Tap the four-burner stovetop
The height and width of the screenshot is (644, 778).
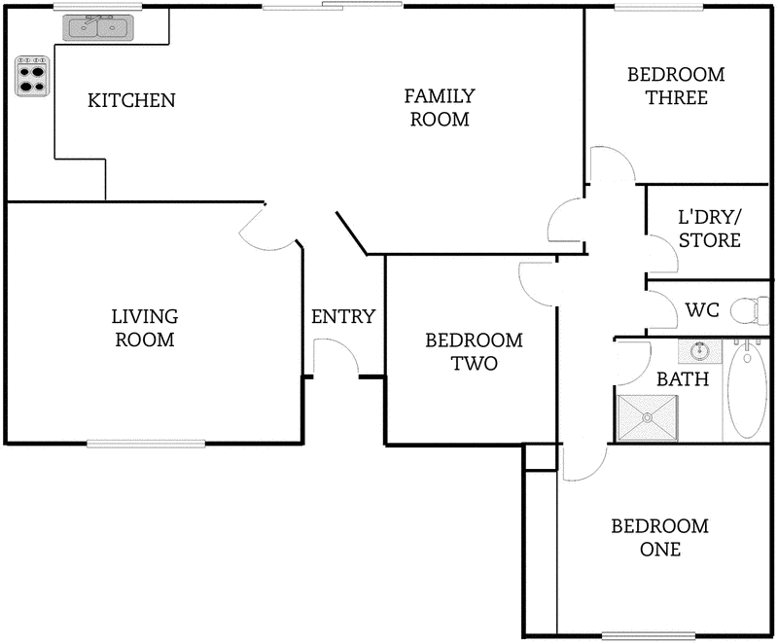[32, 77]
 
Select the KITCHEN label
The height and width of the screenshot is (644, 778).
[131, 100]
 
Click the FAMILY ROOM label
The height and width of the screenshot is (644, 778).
[440, 108]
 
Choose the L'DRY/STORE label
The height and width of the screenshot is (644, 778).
[709, 230]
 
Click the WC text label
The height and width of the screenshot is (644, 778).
[701, 310]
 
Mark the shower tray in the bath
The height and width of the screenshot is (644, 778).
[646, 416]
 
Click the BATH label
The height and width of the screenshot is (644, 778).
[682, 378]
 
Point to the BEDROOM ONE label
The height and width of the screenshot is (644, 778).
[659, 538]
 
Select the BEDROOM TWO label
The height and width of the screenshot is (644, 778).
[474, 352]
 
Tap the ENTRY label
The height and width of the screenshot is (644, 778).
[342, 316]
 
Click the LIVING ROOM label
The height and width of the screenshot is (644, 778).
[145, 328]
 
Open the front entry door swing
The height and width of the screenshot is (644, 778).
[334, 358]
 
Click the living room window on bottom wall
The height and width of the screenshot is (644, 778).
[146, 444]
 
